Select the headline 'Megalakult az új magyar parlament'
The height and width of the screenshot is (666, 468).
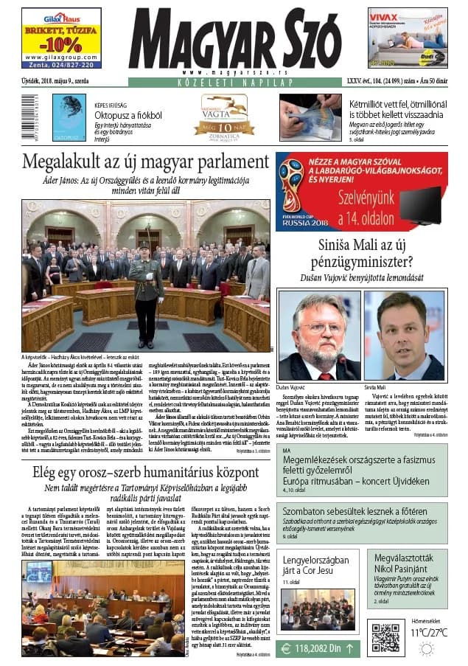click(x=145, y=162)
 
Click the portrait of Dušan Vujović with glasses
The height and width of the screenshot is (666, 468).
click(x=318, y=335)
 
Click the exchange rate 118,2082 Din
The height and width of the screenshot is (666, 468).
click(x=319, y=649)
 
